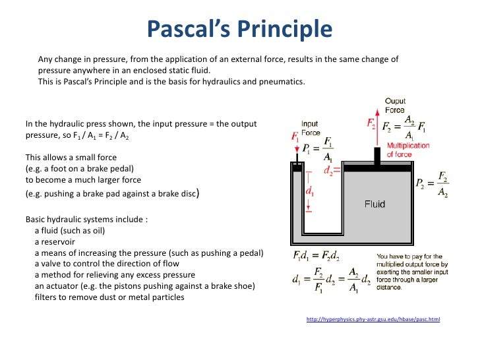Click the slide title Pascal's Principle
[x=240, y=29]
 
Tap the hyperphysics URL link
[x=373, y=320]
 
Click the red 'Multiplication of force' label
[x=408, y=150]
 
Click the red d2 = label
[x=332, y=169]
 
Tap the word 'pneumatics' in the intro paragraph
[x=284, y=82]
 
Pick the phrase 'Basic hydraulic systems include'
[x=86, y=220]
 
